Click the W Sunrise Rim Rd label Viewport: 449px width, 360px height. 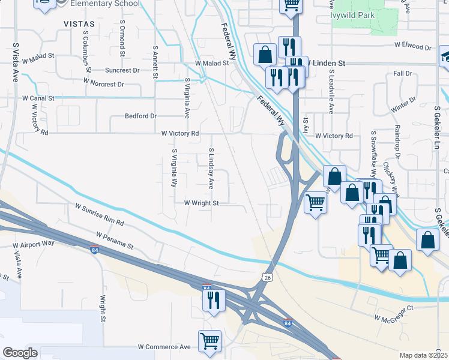click(x=99, y=214)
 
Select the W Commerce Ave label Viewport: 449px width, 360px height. click(x=164, y=347)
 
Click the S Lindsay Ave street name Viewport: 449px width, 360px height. click(x=211, y=169)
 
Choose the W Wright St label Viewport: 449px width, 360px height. click(x=201, y=203)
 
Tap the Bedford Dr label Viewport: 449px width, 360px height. click(x=140, y=116)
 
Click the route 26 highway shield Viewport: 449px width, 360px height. click(x=268, y=277)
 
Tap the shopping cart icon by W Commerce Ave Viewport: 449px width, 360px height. click(x=209, y=341)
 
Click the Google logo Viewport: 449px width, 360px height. click(x=20, y=353)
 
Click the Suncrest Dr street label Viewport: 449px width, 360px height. click(x=122, y=70)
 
